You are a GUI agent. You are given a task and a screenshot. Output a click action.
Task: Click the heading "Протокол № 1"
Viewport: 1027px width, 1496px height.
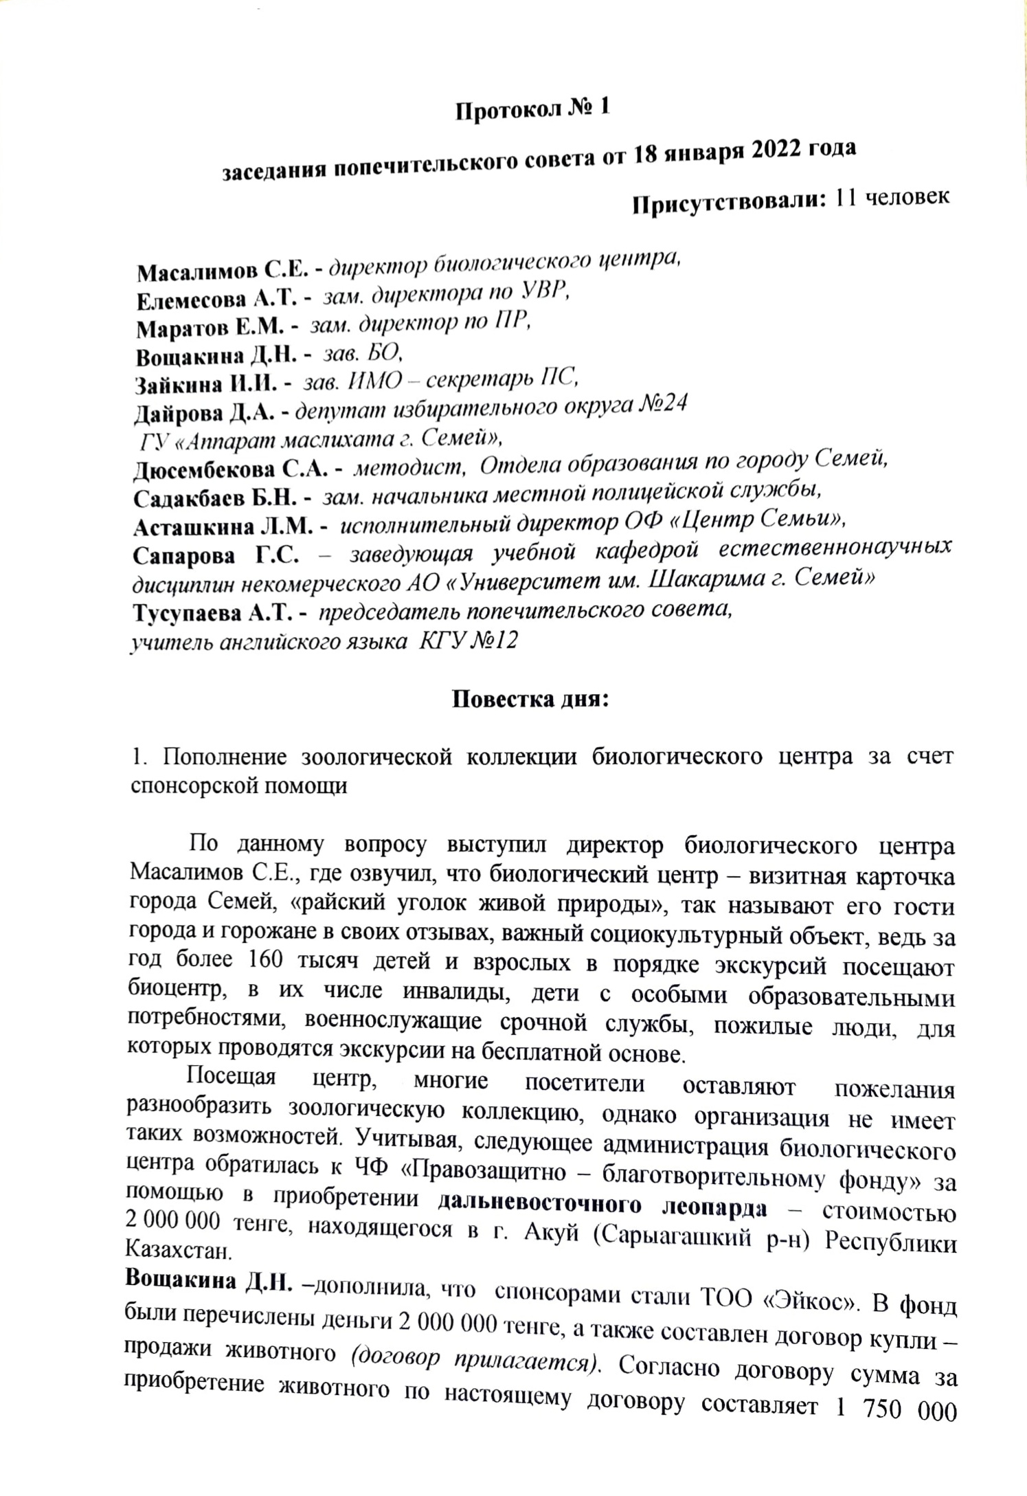pyautogui.click(x=532, y=111)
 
